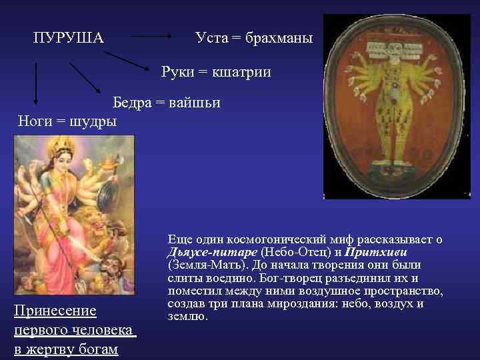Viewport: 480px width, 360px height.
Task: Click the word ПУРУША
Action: tap(69, 37)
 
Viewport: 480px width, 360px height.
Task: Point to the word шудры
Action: tap(91, 121)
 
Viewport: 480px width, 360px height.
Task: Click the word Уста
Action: tap(211, 37)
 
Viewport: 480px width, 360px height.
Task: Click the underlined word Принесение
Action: tap(55, 311)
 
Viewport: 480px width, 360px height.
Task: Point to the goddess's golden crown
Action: tap(64, 143)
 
